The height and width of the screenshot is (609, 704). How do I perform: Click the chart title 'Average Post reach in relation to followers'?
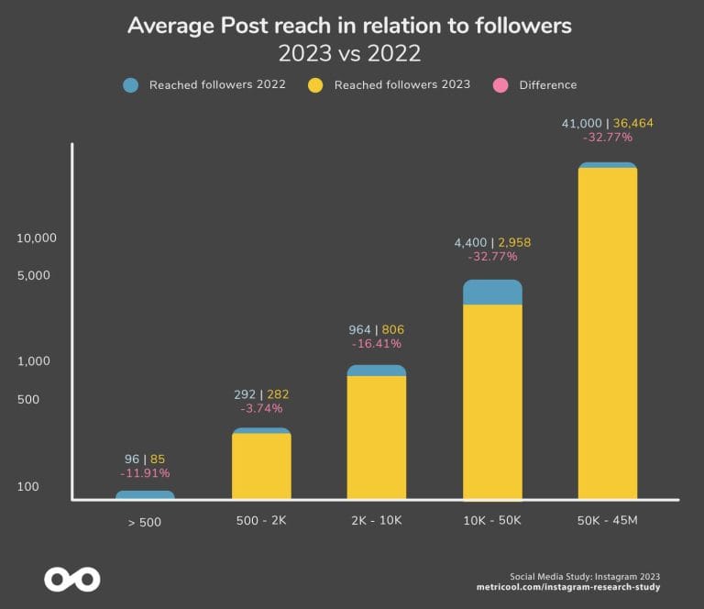349,25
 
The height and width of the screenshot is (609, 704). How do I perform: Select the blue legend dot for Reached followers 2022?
131,85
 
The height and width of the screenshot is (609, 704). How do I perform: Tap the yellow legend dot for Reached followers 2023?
315,85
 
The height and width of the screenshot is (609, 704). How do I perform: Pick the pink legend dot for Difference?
500,85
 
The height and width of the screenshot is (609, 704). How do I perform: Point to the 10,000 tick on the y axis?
37,238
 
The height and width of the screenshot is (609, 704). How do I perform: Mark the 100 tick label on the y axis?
28,486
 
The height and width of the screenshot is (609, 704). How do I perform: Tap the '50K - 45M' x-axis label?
607,521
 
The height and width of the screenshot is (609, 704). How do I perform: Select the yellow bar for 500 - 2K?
261,466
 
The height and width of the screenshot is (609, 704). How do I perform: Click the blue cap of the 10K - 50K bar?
492,293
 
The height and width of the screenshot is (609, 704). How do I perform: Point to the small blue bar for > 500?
145,495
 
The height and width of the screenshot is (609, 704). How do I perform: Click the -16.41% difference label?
377,344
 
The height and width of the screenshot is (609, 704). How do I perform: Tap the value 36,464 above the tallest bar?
632,123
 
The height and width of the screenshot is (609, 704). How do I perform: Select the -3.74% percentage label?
261,409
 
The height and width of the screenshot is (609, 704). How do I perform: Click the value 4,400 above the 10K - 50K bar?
472,243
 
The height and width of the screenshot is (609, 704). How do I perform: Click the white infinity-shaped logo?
72,579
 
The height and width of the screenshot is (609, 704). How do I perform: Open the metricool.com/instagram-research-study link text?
568,586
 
